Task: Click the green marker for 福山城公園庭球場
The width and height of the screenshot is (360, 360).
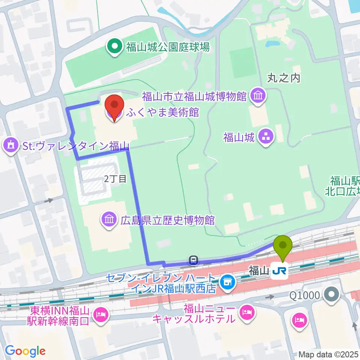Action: (x=114, y=47)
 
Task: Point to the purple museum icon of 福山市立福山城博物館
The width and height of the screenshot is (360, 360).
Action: (x=258, y=96)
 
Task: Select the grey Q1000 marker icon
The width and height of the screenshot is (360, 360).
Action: (x=331, y=294)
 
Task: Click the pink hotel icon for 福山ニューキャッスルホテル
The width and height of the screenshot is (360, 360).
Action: (x=246, y=312)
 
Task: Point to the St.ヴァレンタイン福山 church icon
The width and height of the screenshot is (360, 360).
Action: (x=10, y=145)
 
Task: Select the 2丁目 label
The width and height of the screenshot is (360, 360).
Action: (x=115, y=179)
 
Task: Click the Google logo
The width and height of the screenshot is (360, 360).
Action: (x=25, y=351)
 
